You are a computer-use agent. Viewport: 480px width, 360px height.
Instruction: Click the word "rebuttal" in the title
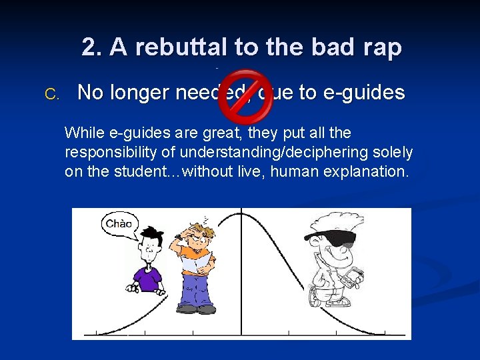click(166, 47)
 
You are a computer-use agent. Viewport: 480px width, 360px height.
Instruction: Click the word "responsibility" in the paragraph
click(108, 153)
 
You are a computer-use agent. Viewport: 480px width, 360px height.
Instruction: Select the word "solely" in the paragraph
click(393, 153)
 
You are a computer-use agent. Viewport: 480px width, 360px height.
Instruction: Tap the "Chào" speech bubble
click(119, 224)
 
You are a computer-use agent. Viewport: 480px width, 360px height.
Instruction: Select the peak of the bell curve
click(241, 211)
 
